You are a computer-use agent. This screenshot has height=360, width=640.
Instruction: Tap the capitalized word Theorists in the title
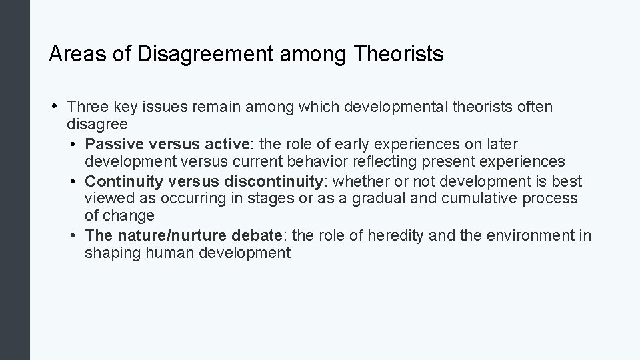(x=399, y=54)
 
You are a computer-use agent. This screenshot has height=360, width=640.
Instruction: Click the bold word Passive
(x=113, y=144)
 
